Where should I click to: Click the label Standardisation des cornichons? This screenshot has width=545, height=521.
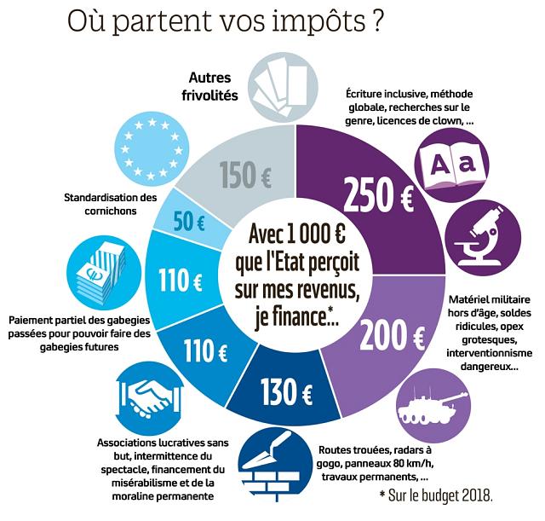point(112,205)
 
